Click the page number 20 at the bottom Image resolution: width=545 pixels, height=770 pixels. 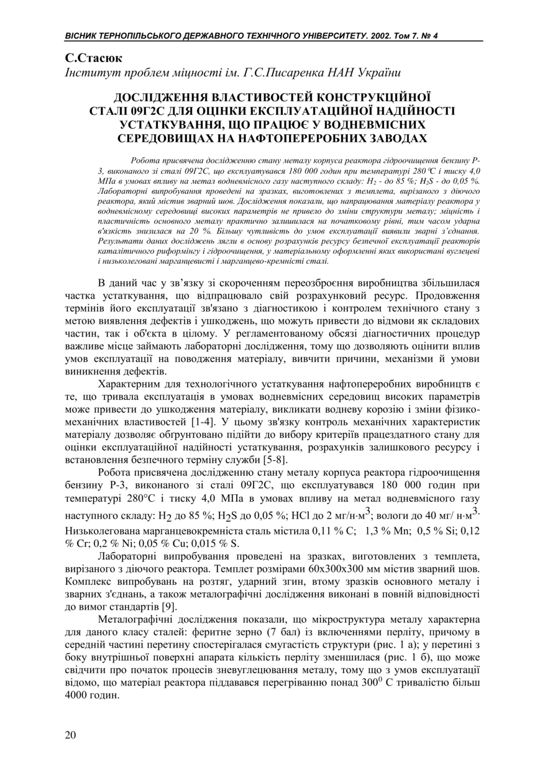pyautogui.click(x=70, y=735)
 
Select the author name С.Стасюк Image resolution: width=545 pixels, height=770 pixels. pyautogui.click(x=94, y=58)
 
